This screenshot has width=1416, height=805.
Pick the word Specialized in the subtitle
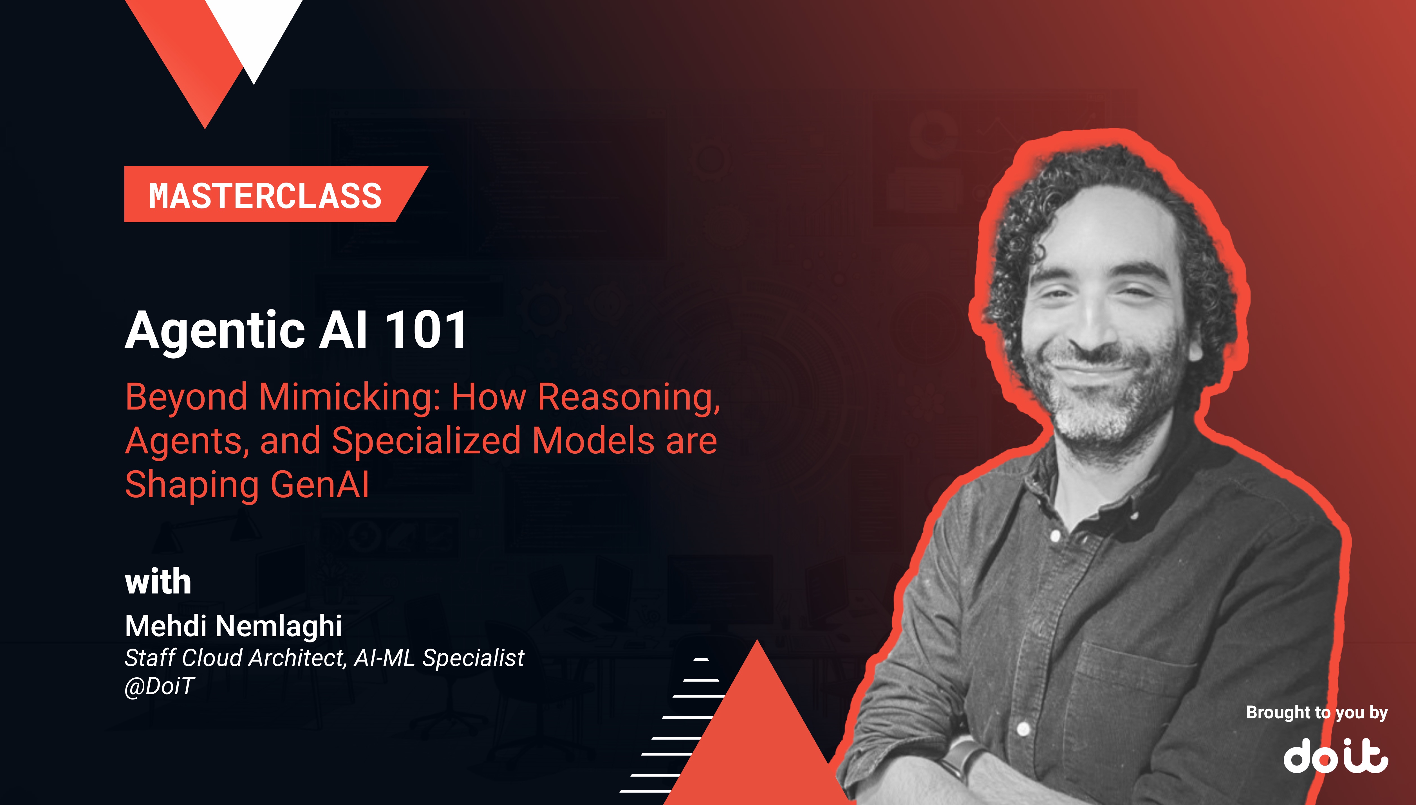pos(426,441)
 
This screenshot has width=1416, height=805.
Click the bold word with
pos(158,582)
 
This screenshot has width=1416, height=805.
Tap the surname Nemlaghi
pos(278,626)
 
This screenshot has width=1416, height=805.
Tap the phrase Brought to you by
pos(1316,713)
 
